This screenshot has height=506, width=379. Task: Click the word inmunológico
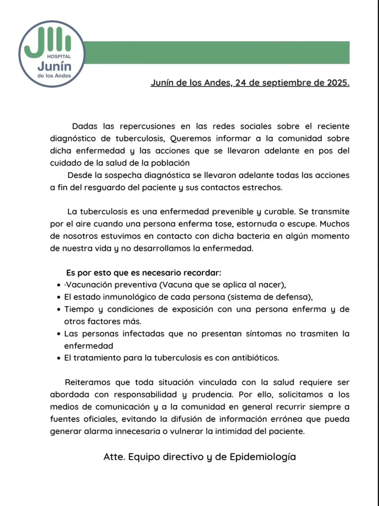click(x=129, y=297)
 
